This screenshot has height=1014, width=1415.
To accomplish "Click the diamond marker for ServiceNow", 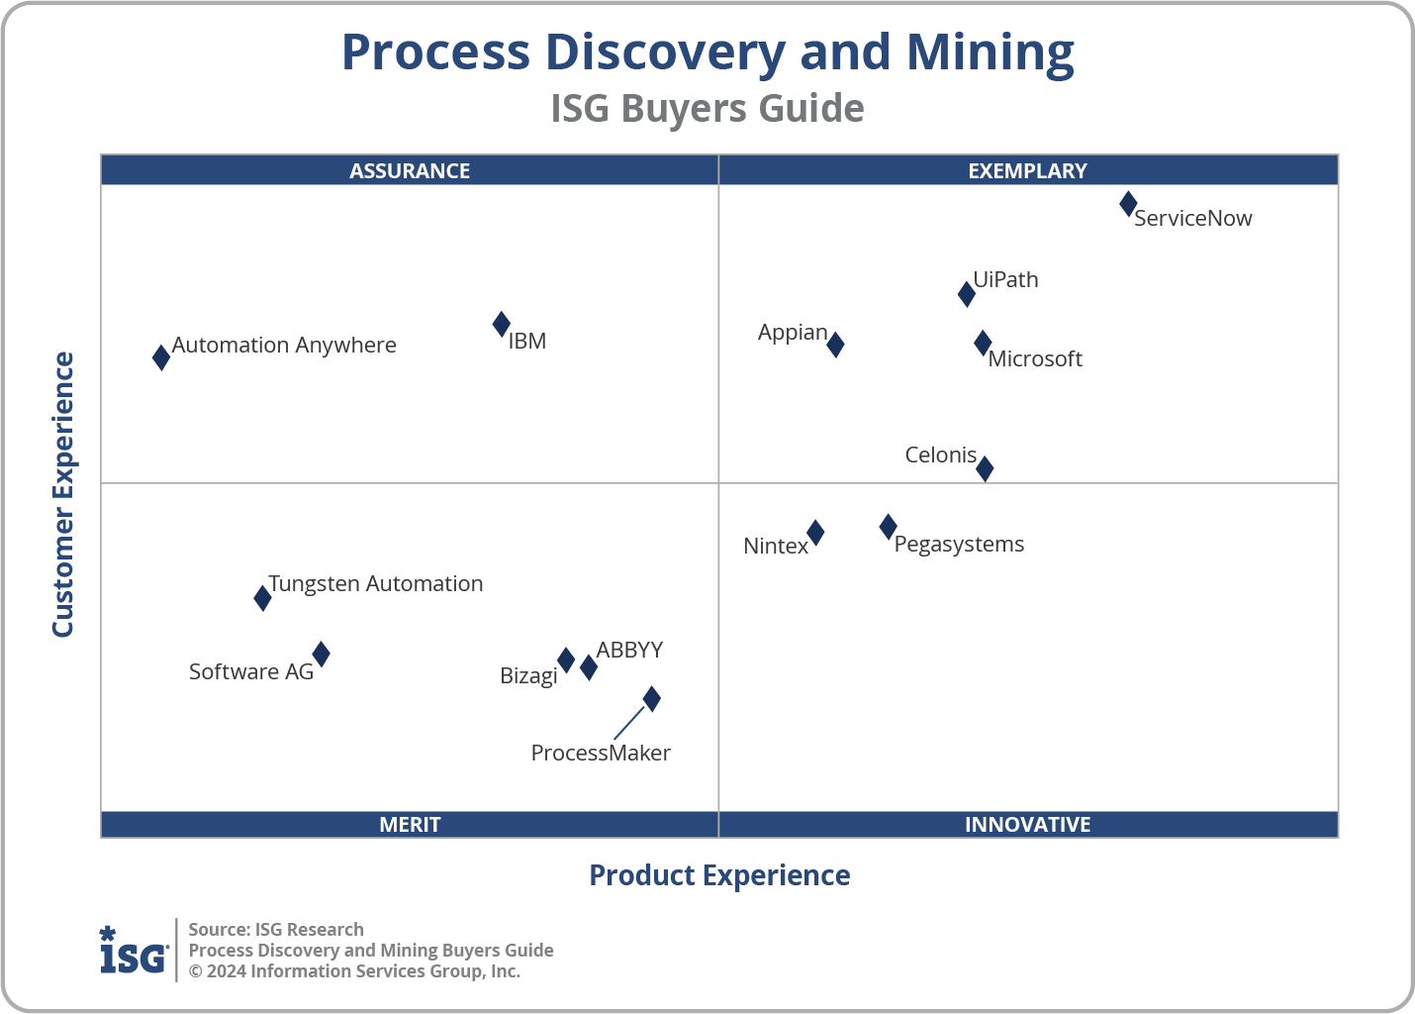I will pos(1128,204).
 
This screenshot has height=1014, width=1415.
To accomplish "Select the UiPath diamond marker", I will pos(967,294).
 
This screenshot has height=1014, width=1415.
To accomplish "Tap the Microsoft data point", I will pos(983,344).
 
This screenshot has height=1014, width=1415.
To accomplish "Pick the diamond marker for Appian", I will pos(835,345).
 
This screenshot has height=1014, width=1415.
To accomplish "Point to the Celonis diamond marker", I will pos(985,468).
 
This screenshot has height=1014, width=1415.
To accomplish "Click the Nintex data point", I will pos(815,533).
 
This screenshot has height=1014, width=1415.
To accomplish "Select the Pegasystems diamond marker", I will pos(889,527).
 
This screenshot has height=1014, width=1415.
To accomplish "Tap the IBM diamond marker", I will pos(502,324).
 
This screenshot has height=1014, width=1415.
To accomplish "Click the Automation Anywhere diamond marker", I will pos(161,357).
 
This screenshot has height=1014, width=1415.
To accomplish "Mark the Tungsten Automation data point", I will pos(262,598).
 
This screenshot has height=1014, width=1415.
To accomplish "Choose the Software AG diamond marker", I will pos(322,654).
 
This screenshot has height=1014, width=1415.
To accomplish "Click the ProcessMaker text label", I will pos(601,753).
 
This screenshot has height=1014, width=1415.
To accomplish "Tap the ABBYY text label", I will pos(629,650).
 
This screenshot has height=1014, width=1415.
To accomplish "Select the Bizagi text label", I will pos(528,676).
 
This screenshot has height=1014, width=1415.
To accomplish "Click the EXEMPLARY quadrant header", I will pos(1027,170).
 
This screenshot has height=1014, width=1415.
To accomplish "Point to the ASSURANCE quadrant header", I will pos(410,170).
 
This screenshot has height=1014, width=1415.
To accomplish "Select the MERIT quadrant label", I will pos(410,824).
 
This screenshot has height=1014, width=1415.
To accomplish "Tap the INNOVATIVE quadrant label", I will pos(1027,824).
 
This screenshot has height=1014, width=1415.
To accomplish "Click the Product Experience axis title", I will pos(719,875).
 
